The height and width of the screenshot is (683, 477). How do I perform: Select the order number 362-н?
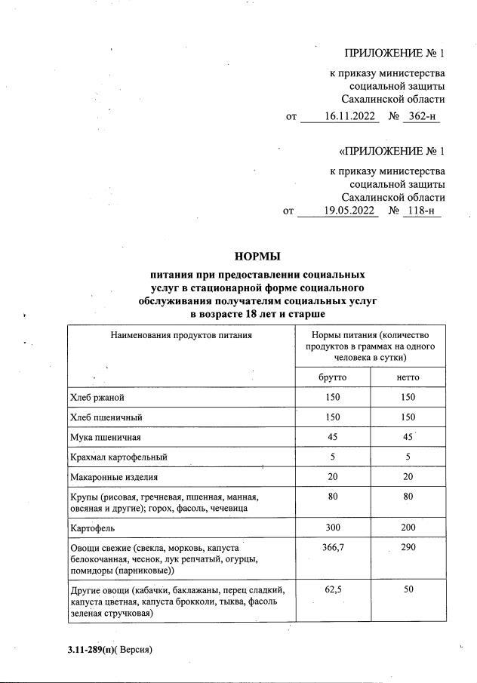[421, 116]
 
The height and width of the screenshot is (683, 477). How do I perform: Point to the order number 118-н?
[421, 211]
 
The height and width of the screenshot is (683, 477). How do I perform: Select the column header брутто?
[332, 377]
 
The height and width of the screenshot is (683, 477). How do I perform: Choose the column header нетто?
[408, 377]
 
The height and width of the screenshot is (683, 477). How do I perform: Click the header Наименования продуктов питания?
[181, 334]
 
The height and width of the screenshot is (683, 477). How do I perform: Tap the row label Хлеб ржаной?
[97, 398]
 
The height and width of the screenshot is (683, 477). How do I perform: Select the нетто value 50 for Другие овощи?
[408, 589]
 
